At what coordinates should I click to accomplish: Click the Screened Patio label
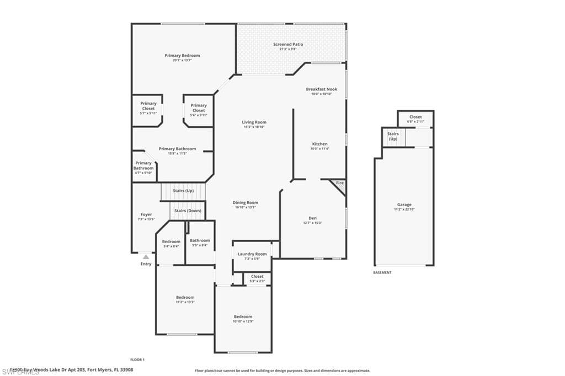pos(287,44)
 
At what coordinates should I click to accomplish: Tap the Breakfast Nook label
pos(321,89)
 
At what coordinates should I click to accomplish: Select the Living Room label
pos(254,122)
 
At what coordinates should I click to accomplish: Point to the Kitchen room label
pos(319,144)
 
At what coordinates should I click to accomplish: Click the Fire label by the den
pos(340,183)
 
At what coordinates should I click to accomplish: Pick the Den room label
pos(312,218)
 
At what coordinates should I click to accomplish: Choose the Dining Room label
pos(245,203)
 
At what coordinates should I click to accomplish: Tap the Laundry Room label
pos(252,254)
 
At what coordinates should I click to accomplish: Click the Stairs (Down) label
pos(188,211)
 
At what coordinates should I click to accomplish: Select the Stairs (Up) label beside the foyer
pos(183,191)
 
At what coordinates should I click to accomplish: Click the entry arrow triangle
pos(146,256)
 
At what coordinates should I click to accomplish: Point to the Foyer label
pos(146,214)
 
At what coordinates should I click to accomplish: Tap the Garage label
pos(404,205)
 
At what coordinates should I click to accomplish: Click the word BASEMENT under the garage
pos(382,272)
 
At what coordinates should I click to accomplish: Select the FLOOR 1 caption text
pos(137,359)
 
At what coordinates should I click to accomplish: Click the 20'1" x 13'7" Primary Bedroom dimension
pos(182,60)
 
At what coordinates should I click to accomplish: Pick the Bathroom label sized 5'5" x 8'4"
pos(200,240)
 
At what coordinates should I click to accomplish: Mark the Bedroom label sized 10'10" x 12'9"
pos(243,316)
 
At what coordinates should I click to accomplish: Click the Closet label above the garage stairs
pos(415,117)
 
